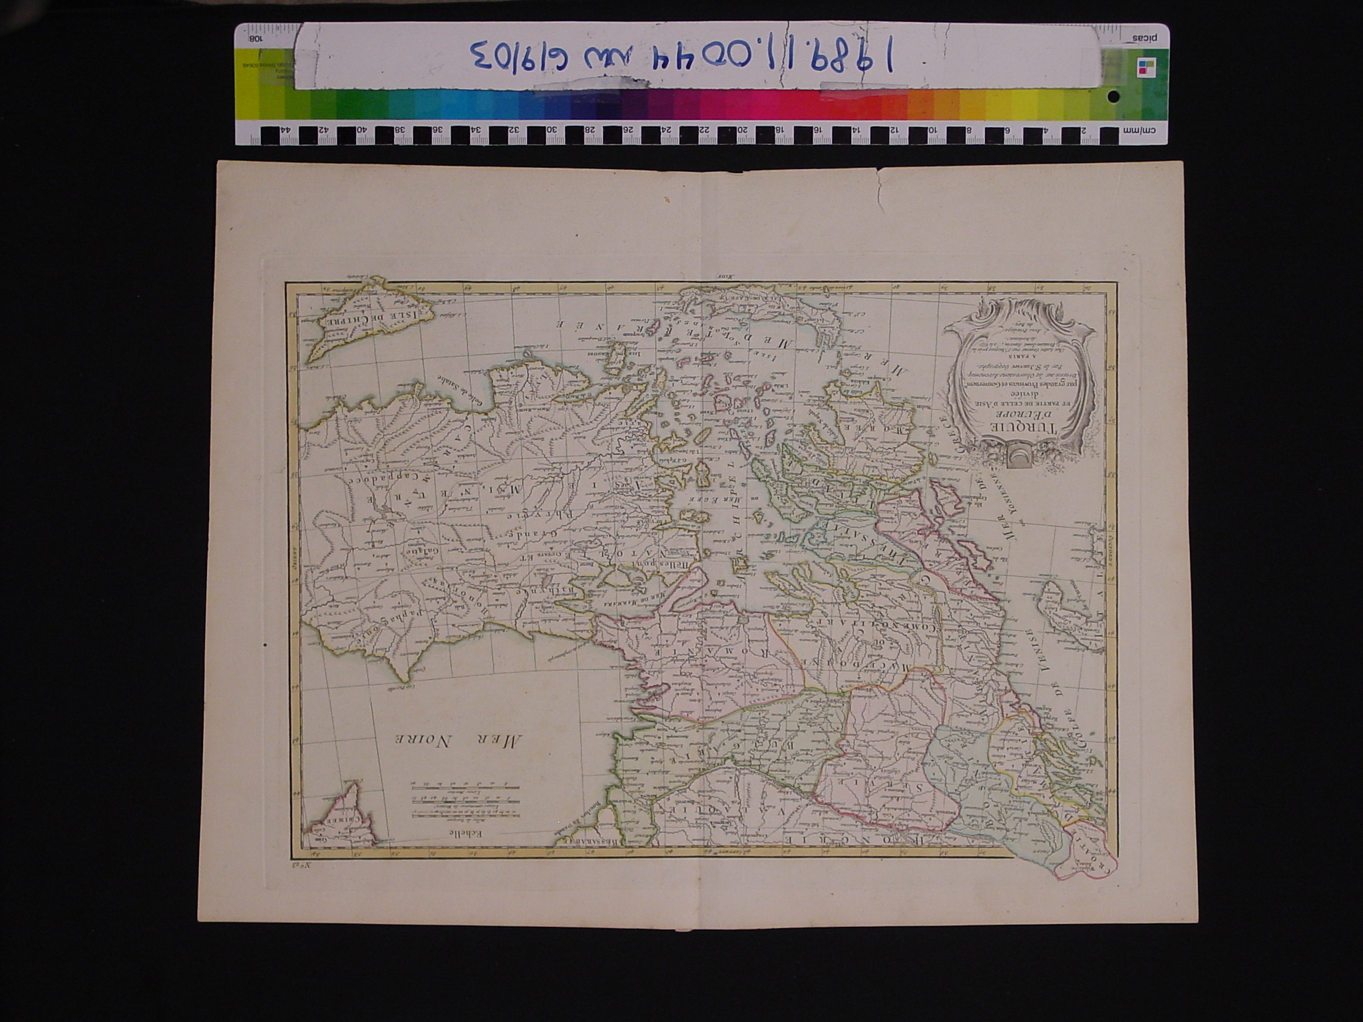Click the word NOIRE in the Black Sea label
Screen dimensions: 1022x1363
(423, 740)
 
